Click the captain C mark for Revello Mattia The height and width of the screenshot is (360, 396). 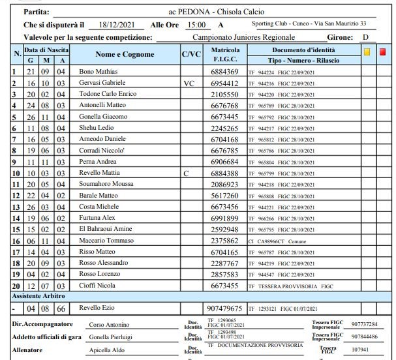[186, 173]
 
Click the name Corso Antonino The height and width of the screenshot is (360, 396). [108, 324]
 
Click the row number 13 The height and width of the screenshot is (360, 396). [15, 207]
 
